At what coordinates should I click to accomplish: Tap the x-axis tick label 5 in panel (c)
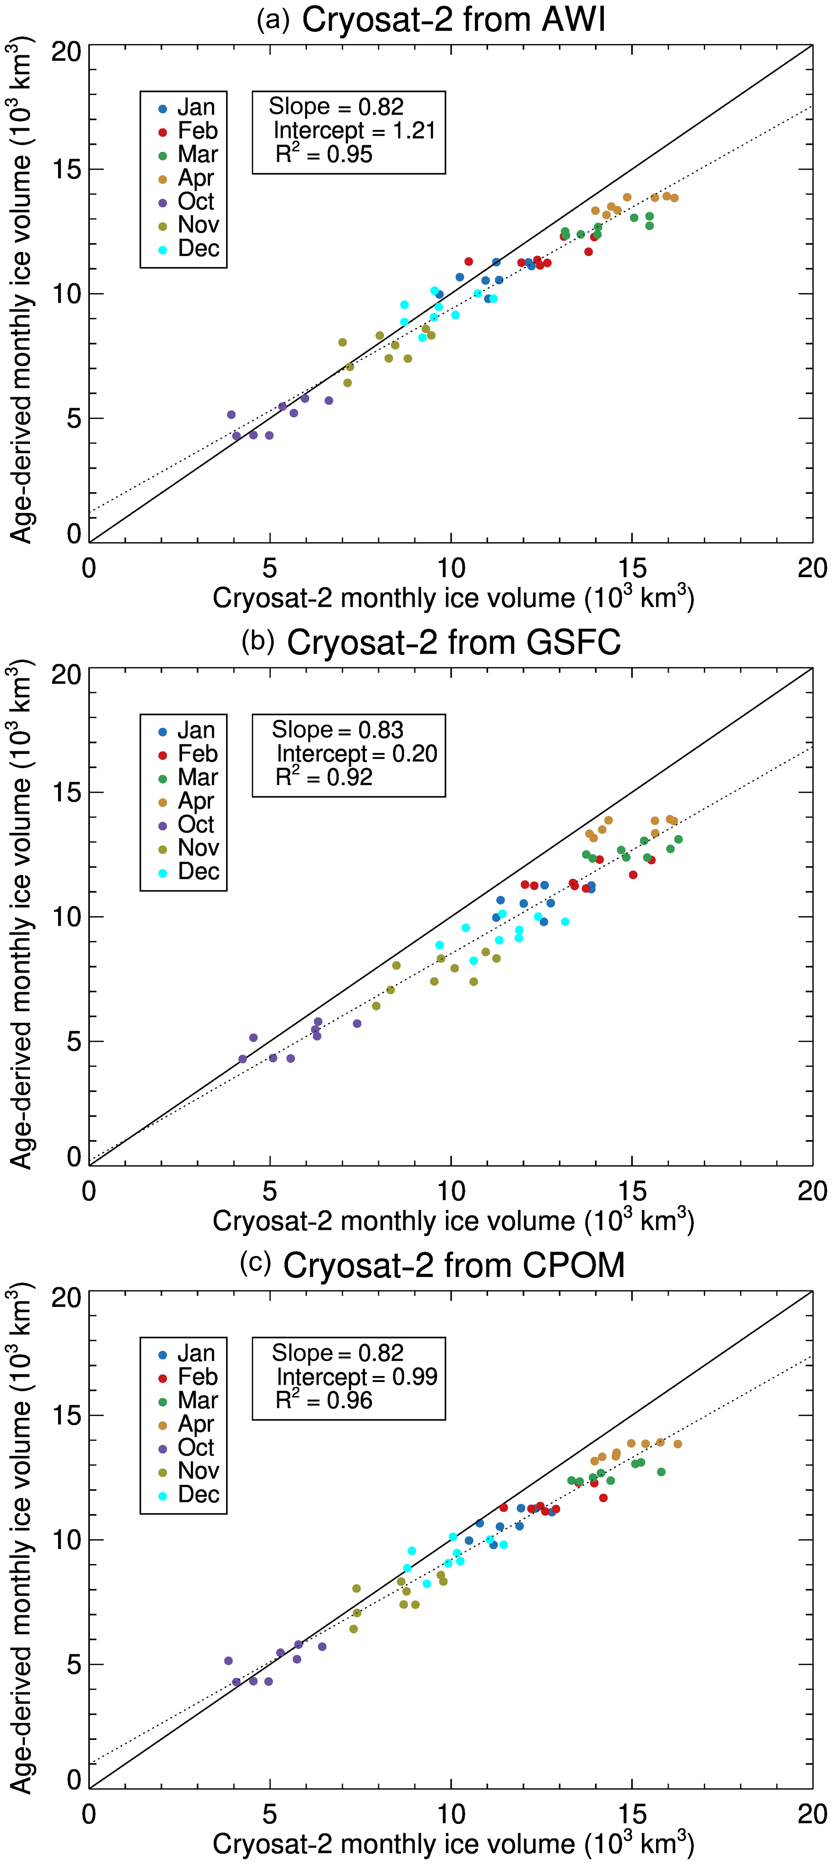(x=270, y=1814)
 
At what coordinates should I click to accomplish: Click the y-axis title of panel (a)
(x=22, y=293)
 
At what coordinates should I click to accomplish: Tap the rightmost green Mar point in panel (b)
(x=678, y=839)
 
